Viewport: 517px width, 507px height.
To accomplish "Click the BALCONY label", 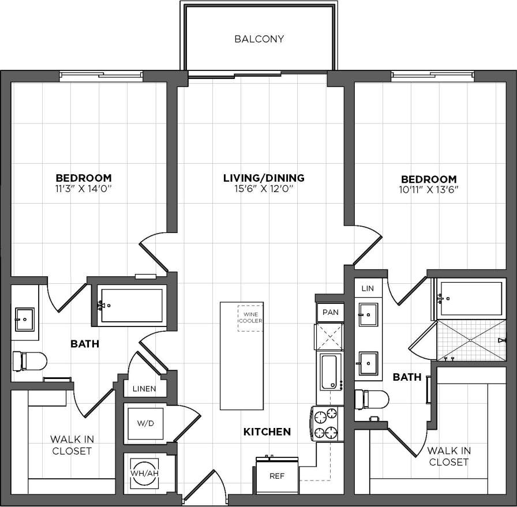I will point(259,39).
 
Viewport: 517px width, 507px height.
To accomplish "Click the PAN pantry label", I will point(330,312).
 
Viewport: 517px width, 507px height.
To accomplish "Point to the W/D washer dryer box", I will point(145,424).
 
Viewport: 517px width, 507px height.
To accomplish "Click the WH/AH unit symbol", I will point(144,474).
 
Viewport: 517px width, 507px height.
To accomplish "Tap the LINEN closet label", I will point(144,389).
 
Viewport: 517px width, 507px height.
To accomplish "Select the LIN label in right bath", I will point(368,288).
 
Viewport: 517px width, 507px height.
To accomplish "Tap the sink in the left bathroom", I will point(25,317).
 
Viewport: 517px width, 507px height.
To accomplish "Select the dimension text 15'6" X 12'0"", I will point(264,189).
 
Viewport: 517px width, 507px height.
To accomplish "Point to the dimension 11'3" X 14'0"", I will point(83,188).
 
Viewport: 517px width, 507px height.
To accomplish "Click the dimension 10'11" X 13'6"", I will point(429,190).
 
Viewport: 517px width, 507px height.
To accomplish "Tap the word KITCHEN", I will point(267,431).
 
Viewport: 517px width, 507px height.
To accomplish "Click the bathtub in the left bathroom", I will point(131,305).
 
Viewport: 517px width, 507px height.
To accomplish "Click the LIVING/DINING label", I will point(264,178).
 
